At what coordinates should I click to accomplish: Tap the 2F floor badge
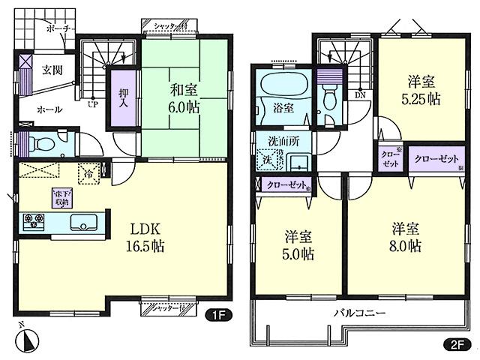[456, 346]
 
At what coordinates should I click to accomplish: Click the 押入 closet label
[123, 96]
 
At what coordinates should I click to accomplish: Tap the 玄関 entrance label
[52, 71]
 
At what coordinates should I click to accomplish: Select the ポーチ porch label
[58, 28]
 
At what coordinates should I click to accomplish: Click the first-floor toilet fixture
[44, 142]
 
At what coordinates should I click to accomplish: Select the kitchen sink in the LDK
[82, 221]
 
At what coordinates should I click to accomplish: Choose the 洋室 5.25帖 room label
[421, 90]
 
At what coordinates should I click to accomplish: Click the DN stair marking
[360, 94]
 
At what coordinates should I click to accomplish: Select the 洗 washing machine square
[266, 160]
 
